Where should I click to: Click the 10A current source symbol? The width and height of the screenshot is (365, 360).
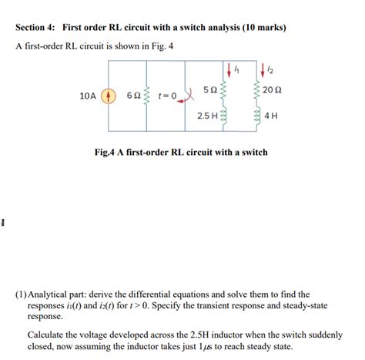[109, 97]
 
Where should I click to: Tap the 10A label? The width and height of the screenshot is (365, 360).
[88, 97]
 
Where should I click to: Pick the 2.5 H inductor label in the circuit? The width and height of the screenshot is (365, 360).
[206, 116]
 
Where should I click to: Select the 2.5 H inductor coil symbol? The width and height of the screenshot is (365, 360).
[224, 116]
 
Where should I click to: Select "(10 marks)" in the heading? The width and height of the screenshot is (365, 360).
[260, 28]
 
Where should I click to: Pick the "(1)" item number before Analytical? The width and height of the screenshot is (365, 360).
[22, 294]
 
